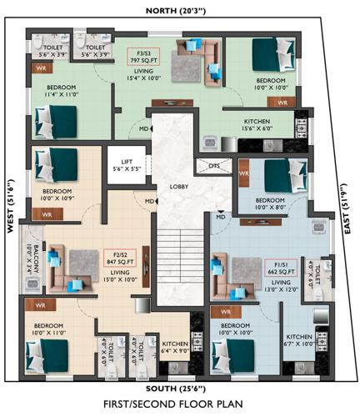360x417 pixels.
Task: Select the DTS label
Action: click(x=214, y=166)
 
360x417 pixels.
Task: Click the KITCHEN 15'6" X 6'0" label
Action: click(x=256, y=123)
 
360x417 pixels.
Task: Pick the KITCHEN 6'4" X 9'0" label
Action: click(x=176, y=346)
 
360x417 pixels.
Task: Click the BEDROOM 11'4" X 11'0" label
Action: click(x=62, y=90)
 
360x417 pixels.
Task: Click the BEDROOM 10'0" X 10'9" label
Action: click(x=57, y=195)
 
